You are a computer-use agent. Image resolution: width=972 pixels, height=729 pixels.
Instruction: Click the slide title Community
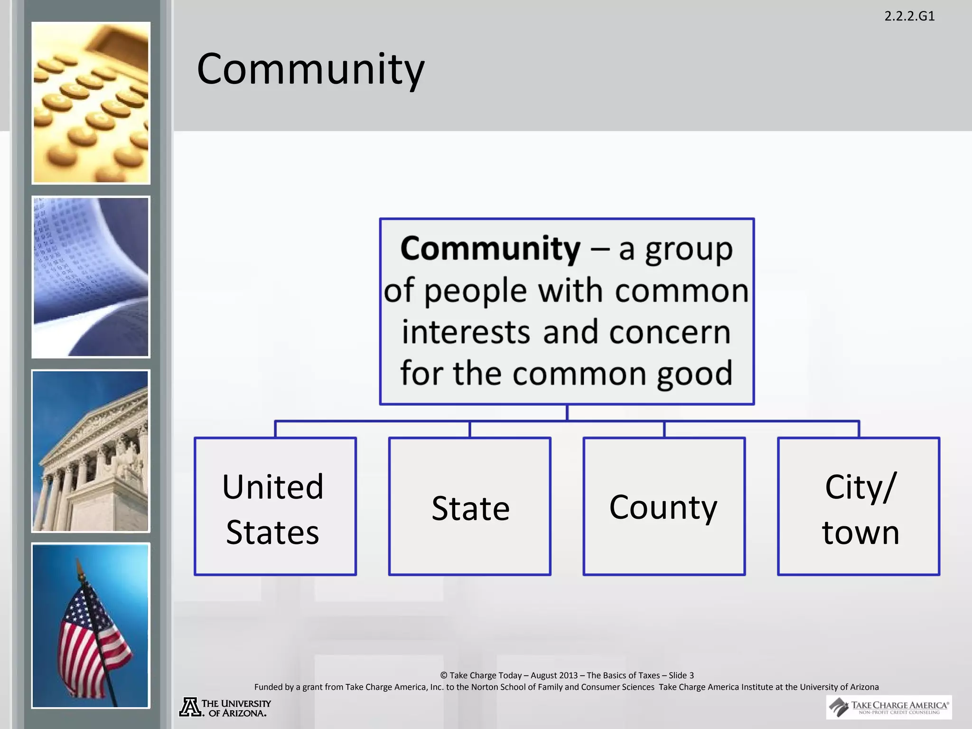click(310, 69)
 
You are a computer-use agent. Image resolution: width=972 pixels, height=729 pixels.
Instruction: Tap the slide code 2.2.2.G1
click(909, 16)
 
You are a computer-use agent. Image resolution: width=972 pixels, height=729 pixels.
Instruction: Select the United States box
click(275, 506)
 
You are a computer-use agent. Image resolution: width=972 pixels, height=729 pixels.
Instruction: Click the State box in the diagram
click(469, 506)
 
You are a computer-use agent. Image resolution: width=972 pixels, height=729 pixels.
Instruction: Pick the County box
click(664, 506)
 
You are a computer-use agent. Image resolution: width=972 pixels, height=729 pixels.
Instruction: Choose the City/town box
click(859, 506)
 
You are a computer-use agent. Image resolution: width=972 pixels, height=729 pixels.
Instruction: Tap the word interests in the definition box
click(466, 332)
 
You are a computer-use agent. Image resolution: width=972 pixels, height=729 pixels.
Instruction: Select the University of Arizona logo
click(225, 707)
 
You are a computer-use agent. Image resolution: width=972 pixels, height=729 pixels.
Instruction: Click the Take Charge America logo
click(889, 707)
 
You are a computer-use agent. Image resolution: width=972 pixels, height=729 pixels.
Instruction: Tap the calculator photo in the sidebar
click(91, 103)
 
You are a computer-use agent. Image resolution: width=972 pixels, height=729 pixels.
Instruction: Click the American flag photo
click(91, 626)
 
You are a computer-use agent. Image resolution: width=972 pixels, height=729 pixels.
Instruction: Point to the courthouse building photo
click(91, 451)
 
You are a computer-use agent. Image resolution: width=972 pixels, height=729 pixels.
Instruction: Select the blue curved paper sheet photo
click(91, 277)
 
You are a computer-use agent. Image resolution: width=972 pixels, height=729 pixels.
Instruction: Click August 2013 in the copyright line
click(554, 675)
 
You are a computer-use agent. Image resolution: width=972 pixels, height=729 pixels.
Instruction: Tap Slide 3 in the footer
click(681, 675)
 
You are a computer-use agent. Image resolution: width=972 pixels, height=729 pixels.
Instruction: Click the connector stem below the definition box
click(567, 412)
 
